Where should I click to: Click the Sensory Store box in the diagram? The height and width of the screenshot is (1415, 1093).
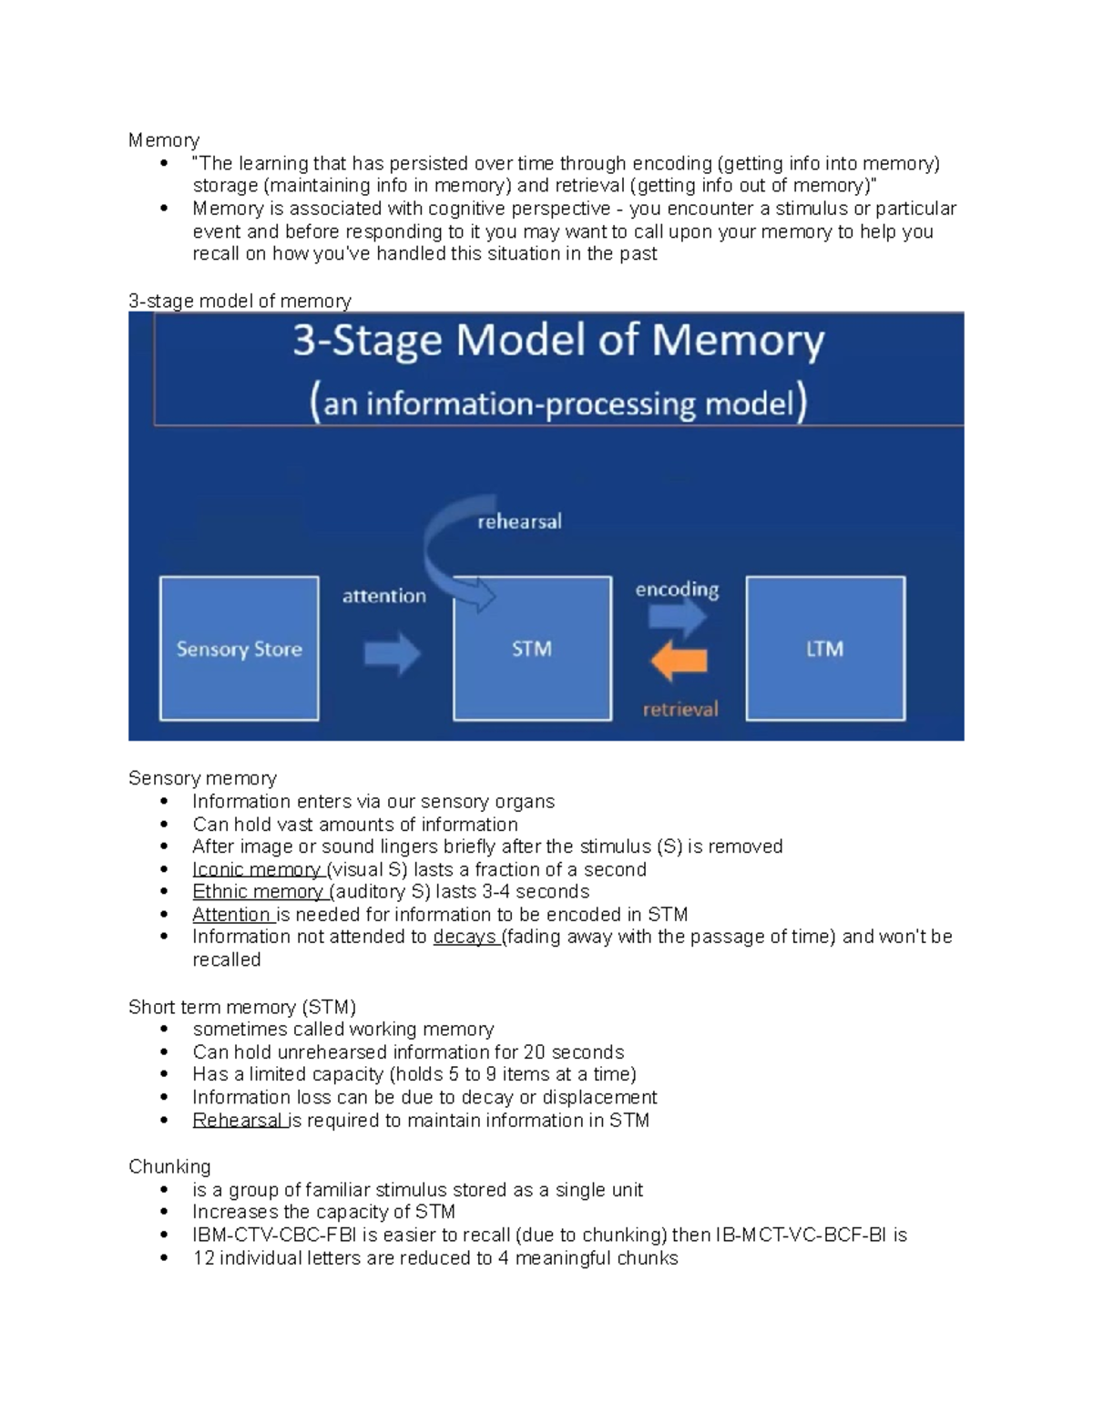pos(239,648)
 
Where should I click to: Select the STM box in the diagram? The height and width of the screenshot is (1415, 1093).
pos(532,648)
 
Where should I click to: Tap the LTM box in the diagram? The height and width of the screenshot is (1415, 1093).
pos(825,648)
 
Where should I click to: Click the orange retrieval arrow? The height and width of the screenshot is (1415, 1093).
pos(679,661)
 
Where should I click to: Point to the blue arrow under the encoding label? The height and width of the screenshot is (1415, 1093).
pos(678,618)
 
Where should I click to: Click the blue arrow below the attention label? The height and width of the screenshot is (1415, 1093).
pos(393,653)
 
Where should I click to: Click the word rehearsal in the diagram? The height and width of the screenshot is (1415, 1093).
pos(519,522)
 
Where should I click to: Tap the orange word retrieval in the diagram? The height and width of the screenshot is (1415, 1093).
pos(680,709)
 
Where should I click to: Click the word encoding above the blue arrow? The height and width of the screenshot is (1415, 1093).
pos(677,590)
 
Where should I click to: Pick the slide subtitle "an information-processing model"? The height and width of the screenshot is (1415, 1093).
pos(558,403)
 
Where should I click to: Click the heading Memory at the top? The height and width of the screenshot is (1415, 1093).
pos(164,140)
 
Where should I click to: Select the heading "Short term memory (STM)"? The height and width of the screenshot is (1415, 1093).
pos(242,1007)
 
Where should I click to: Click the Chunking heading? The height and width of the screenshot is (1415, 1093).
pos(169,1166)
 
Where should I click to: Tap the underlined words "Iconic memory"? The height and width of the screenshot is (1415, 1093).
pos(257,869)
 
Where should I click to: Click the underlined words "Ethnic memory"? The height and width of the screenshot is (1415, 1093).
pos(259,891)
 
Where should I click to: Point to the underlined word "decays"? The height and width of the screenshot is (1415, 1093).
pos(465,937)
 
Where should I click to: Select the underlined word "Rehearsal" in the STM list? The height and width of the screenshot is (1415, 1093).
pos(238,1120)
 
